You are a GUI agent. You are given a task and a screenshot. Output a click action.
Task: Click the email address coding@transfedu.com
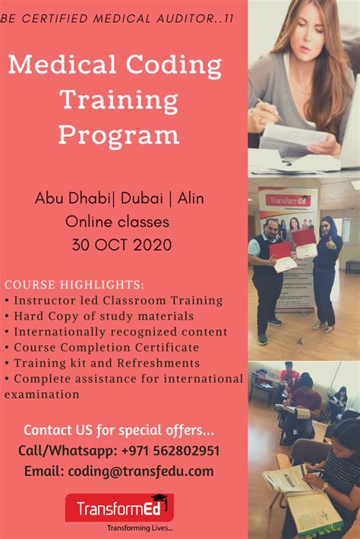coord(141,471)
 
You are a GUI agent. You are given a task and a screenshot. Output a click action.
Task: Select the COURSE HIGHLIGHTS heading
coord(74,285)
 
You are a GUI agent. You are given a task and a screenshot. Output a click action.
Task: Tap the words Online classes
coord(117,222)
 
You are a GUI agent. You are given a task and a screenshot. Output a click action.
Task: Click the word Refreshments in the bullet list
coord(164,363)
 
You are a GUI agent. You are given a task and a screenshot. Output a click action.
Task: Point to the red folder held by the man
coord(281,254)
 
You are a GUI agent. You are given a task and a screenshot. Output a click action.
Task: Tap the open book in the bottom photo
coord(285,478)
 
